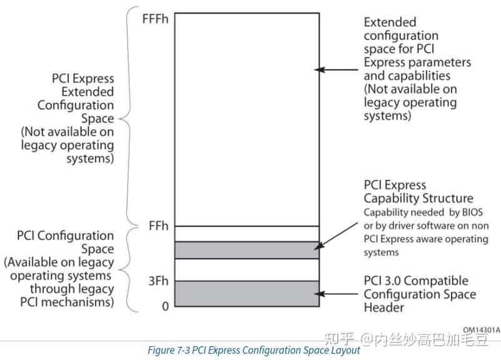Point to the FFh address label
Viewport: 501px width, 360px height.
point(159,225)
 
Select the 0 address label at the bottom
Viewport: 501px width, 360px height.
point(165,306)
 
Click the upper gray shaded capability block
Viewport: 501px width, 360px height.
point(246,250)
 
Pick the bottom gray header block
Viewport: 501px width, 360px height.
point(246,294)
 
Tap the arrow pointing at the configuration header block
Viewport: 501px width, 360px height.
point(338,294)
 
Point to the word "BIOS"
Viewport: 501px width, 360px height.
point(473,212)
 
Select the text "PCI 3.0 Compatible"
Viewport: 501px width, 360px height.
point(416,281)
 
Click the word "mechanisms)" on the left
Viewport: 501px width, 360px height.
point(83,302)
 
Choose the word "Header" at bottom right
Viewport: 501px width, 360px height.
point(383,307)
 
